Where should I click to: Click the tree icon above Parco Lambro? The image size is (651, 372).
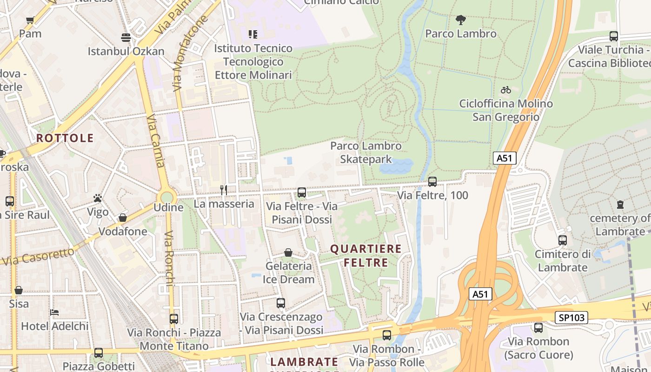click(460, 20)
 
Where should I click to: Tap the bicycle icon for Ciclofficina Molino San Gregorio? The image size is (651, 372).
click(506, 90)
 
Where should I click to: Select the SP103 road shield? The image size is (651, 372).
click(571, 318)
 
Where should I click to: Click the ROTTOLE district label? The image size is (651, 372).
click(65, 138)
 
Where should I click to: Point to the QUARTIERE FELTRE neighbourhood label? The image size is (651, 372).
click(365, 256)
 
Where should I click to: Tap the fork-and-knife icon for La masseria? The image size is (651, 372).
click(224, 190)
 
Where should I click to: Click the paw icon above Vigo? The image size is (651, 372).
click(98, 199)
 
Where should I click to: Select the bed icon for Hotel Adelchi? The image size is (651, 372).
click(54, 312)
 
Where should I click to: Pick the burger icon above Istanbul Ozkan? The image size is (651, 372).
click(126, 37)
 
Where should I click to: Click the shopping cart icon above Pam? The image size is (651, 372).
click(30, 20)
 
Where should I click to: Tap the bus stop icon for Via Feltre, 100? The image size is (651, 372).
click(432, 182)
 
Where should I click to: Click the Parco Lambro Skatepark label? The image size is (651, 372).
click(365, 153)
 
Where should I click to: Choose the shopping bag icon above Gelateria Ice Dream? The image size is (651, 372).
click(288, 252)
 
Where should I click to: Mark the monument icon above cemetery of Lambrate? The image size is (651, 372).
click(620, 204)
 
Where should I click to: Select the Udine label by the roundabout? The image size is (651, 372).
click(168, 207)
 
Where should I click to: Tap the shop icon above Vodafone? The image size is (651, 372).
click(123, 218)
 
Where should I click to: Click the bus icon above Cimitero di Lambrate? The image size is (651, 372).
click(563, 240)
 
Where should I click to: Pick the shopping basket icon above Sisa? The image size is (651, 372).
click(19, 290)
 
